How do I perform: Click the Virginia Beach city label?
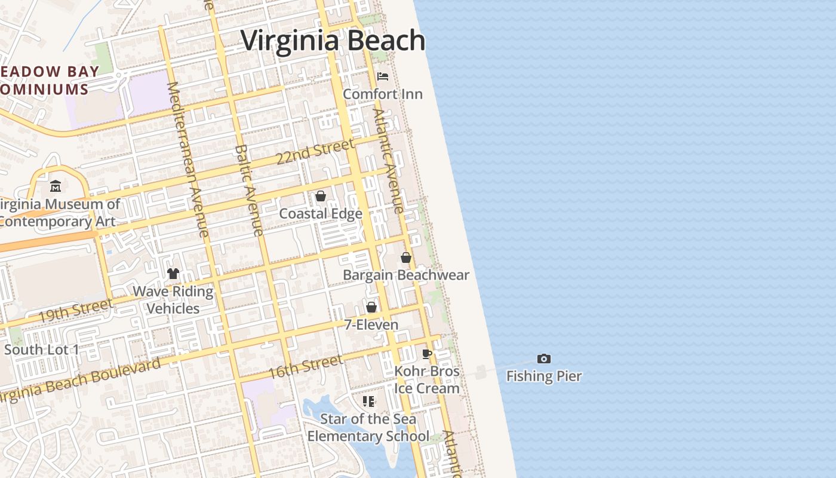333,41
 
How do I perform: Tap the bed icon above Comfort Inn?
383,76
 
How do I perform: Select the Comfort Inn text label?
383,94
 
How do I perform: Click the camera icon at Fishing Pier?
543,358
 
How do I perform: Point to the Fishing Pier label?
543,376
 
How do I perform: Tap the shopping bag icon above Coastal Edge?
321,196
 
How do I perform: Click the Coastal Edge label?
321,213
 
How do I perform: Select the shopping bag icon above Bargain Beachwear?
406,258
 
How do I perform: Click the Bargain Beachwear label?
406,275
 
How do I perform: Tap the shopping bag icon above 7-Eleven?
371,307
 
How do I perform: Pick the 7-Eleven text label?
371,324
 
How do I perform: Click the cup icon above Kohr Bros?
427,354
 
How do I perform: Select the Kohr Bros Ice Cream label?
427,379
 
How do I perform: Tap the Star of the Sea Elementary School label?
368,427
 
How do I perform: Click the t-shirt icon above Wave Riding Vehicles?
173,274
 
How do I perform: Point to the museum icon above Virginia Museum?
56,186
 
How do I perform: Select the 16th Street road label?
305,366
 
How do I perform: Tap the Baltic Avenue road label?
249,190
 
